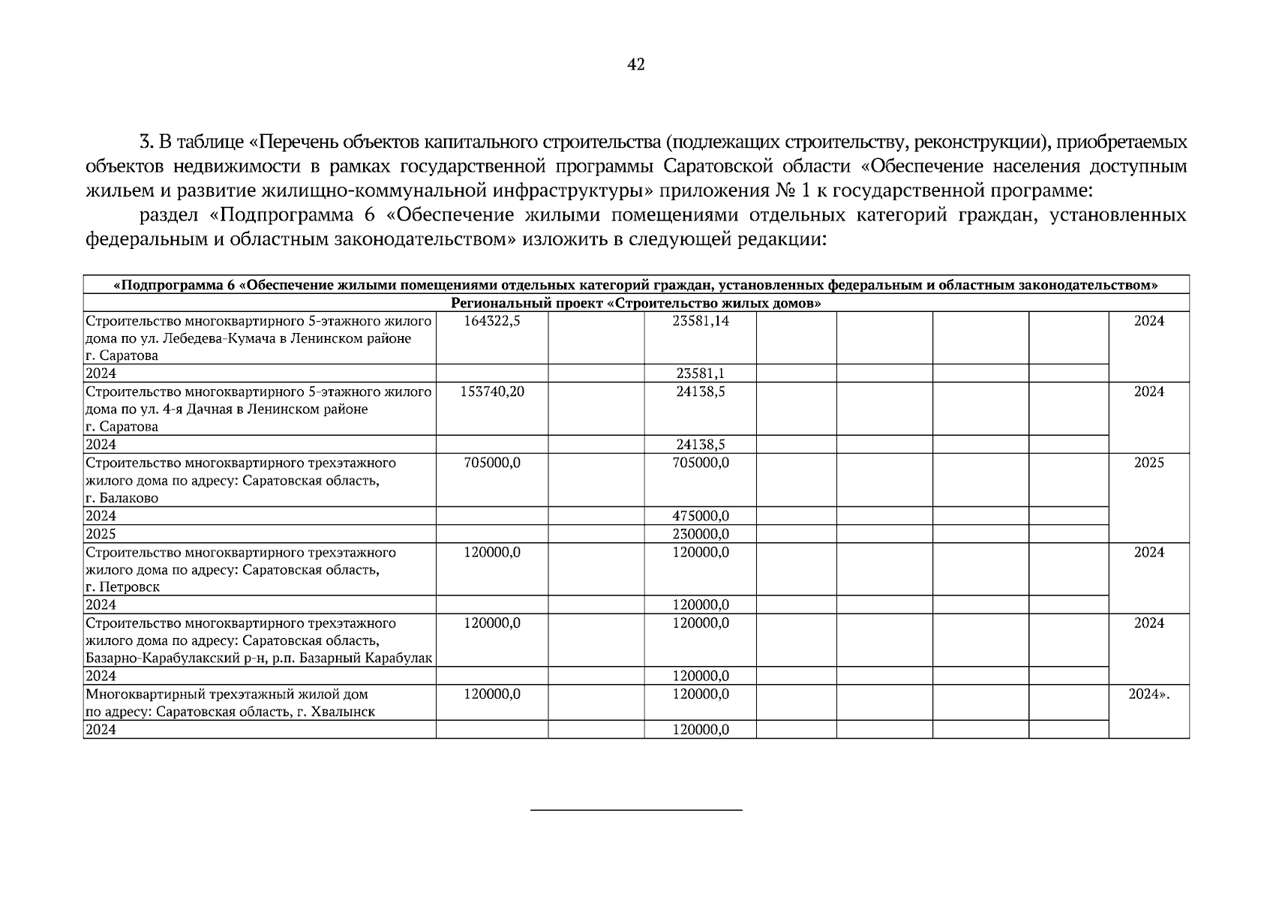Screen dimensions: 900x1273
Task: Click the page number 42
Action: [x=635, y=65]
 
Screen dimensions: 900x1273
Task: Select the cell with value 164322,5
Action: [x=492, y=321]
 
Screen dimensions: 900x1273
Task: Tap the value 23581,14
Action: [x=701, y=321]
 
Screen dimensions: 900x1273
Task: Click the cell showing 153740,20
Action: [x=492, y=391]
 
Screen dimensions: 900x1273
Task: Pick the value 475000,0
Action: [x=701, y=516]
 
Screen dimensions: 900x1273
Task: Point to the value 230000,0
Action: [x=701, y=534]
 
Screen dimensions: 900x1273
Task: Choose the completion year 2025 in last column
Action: [x=1148, y=463]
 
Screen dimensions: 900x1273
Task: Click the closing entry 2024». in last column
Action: [x=1148, y=694]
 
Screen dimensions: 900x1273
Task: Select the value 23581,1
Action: [x=701, y=373]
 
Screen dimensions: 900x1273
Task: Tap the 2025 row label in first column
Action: [x=101, y=534]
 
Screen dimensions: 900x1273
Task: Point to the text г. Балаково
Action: [x=122, y=498]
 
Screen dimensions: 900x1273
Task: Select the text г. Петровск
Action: [x=122, y=587]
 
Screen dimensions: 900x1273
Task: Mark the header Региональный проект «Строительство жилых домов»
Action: [x=635, y=304]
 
